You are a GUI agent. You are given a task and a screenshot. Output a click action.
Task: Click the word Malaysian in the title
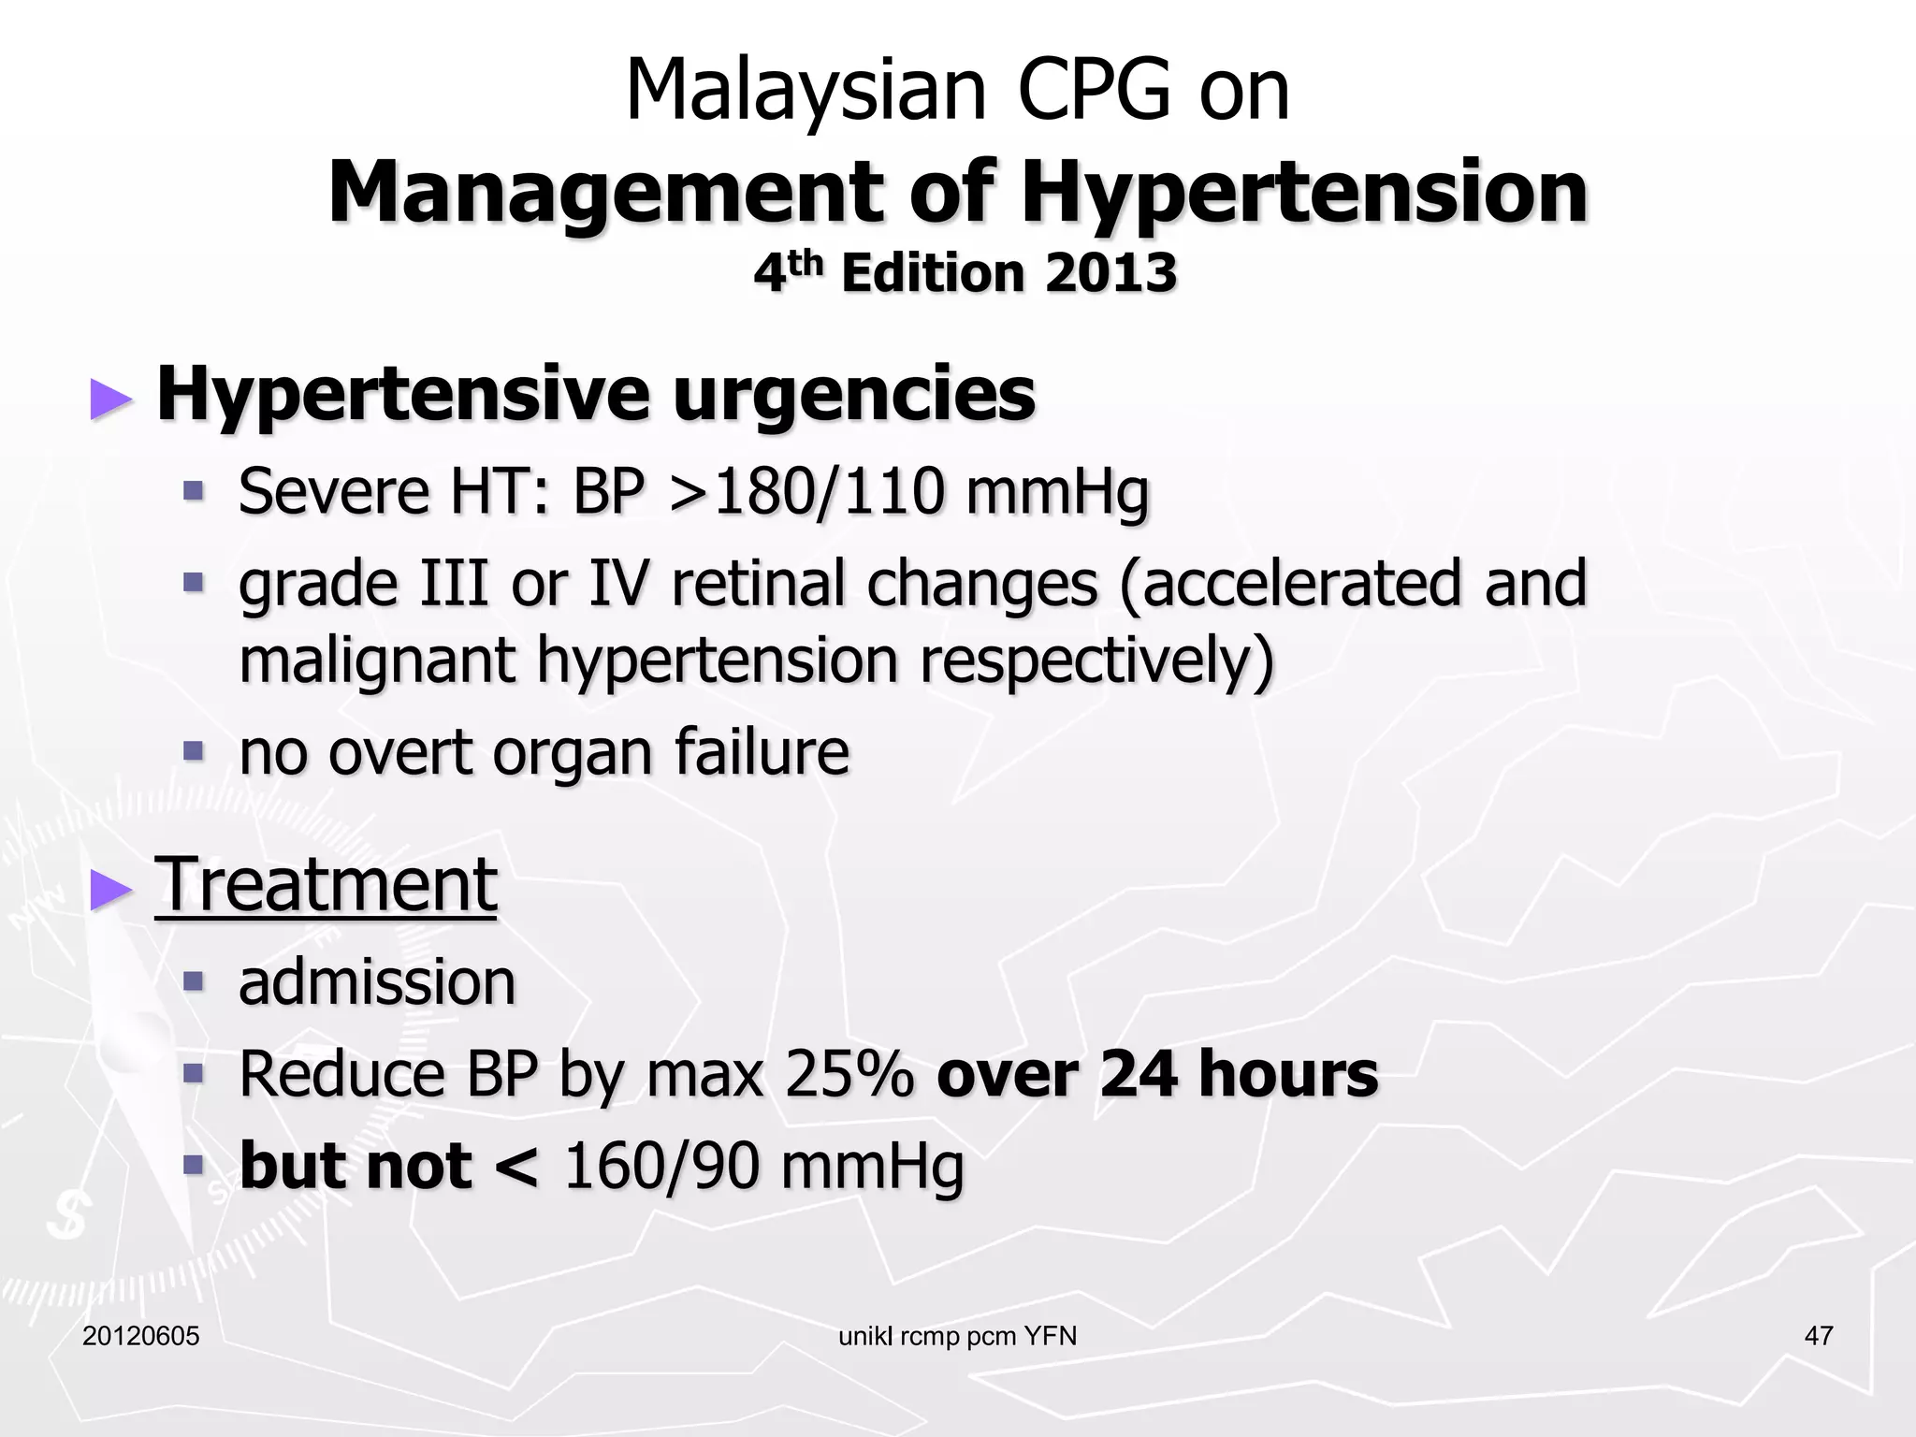point(805,92)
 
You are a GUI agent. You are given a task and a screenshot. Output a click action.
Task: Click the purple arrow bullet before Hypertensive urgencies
point(111,399)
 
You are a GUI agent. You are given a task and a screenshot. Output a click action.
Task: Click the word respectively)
point(1096,660)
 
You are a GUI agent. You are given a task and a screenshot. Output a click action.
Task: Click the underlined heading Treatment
point(326,885)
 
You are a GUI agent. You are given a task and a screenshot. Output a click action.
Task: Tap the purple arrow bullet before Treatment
point(111,890)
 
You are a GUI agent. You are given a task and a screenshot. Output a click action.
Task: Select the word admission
point(377,982)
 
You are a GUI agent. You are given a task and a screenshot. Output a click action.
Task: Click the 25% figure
point(849,1074)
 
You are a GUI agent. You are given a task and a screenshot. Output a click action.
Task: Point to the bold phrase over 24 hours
point(1156,1074)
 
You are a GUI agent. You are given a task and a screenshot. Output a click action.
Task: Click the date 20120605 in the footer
point(141,1336)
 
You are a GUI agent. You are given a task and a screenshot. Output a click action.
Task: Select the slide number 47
point(1818,1336)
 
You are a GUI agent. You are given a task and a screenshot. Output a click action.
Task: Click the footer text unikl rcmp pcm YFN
point(957,1336)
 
